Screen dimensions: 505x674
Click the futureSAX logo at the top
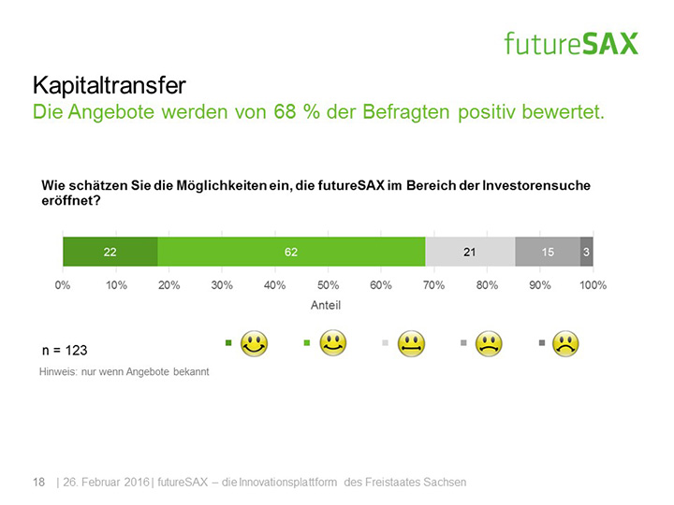pos(571,42)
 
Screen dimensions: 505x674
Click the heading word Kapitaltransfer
pos(109,86)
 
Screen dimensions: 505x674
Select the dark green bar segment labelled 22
pos(110,252)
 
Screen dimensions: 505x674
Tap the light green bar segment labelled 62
pos(291,252)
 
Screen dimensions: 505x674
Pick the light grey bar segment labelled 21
pos(470,252)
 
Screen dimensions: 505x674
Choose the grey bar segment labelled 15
pos(548,252)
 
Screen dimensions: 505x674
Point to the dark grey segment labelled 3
pos(586,252)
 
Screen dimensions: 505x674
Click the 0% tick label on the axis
pos(63,284)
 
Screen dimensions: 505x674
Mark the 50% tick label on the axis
pos(328,284)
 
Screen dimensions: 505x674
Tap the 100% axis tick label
pos(593,284)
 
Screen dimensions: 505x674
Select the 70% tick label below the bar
pos(433,284)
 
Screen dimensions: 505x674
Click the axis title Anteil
pos(326,305)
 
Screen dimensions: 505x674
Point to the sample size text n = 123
pos(65,351)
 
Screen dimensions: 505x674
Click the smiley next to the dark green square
pos(255,343)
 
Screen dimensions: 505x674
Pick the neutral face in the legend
pos(410,343)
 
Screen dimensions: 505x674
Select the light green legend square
pos(307,343)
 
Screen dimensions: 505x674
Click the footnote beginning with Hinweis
pos(124,371)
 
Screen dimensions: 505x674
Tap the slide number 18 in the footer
pos(38,482)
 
